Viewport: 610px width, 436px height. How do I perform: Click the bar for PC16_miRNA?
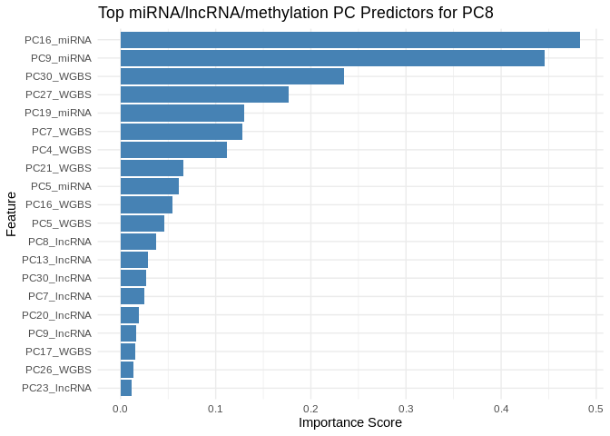tap(349, 40)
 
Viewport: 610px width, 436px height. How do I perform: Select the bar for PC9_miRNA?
tap(332, 58)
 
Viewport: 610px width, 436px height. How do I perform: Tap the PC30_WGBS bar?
tap(232, 76)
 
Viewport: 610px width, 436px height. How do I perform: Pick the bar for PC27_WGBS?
tap(204, 94)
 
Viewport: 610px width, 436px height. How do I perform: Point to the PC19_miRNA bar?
tap(182, 113)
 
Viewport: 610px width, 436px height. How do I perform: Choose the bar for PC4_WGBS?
tap(173, 150)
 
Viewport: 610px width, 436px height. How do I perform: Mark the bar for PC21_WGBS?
tap(152, 168)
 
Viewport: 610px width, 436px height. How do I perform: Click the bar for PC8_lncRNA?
tap(138, 242)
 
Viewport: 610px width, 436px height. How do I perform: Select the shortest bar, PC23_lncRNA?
tap(126, 388)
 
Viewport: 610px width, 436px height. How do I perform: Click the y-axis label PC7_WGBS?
tap(60, 132)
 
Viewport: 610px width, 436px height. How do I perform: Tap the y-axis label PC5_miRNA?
tap(61, 186)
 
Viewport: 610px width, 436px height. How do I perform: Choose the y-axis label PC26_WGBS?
tap(58, 370)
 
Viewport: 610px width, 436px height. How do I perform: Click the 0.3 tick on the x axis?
tap(406, 409)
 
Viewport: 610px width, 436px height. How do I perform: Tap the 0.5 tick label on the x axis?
tap(595, 409)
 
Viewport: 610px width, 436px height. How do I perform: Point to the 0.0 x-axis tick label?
tap(121, 409)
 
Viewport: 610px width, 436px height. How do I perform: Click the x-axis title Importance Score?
tap(349, 422)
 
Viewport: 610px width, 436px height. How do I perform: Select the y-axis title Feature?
tap(11, 213)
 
